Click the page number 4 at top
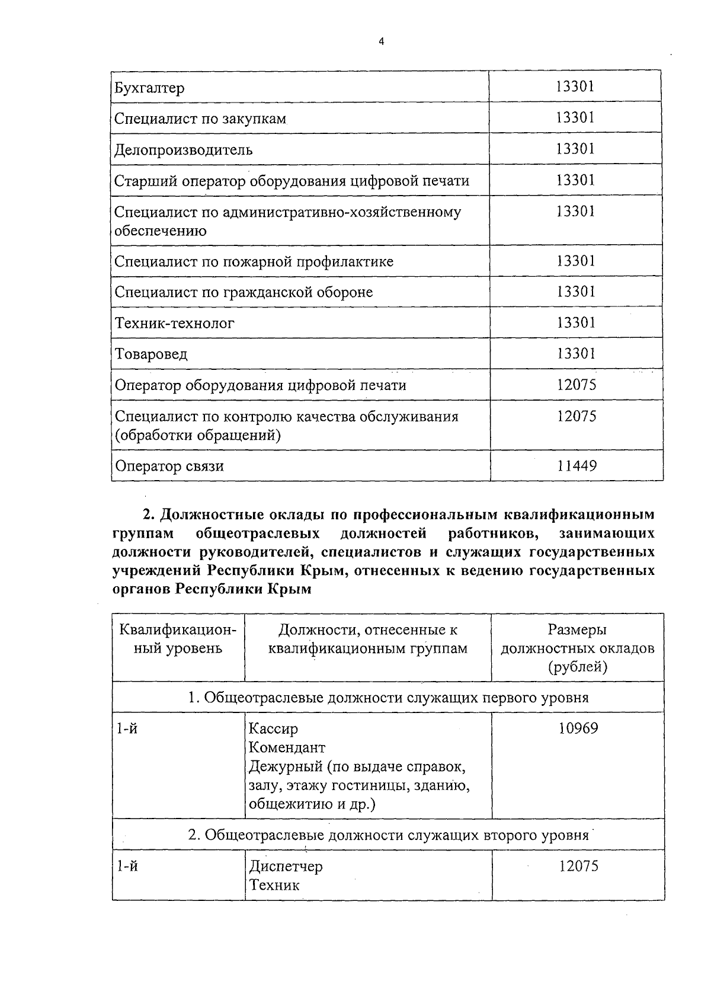pos(382,41)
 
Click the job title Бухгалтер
pos(149,88)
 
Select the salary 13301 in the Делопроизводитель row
pos(575,149)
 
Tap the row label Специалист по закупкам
pos(200,119)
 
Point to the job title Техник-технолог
pos(174,324)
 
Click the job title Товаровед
pos(151,354)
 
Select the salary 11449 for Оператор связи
pos(576,466)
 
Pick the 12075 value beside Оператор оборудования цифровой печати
pos(576,385)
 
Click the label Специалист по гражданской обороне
pos(244,292)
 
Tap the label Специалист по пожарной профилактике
pos(254,261)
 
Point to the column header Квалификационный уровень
pos(178,639)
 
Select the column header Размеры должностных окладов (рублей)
pos(577,648)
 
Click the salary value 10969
pos(578,728)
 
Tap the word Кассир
pos(273,728)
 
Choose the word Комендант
pos(287,747)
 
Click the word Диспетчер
pos(286,867)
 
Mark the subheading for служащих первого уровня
pos(388,698)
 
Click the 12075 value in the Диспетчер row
pos(578,867)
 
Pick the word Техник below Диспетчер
pos(274,885)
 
